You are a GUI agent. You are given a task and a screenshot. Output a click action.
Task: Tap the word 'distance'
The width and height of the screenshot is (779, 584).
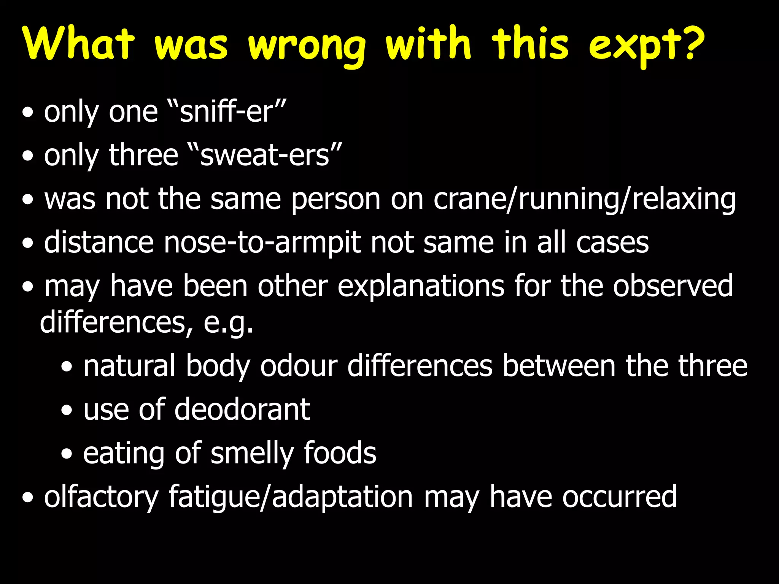[99, 243]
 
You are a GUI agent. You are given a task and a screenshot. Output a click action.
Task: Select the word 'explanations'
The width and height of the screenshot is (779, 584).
[421, 286]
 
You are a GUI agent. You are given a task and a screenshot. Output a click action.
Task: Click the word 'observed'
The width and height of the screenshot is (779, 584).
[672, 286]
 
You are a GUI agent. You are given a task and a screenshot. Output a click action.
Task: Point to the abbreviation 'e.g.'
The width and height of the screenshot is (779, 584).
[228, 322]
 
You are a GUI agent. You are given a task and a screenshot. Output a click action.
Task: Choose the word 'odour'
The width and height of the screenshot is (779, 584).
[299, 366]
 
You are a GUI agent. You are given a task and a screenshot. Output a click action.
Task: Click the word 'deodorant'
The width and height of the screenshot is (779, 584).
[242, 409]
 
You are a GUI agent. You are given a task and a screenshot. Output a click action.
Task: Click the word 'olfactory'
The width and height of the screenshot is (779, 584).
[101, 497]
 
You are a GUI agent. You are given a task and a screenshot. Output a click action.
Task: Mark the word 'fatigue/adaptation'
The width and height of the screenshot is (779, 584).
[291, 497]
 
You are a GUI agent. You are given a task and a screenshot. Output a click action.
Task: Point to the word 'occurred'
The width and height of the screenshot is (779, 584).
[620, 497]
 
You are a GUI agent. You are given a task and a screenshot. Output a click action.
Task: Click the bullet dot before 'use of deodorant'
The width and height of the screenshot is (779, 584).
[67, 411]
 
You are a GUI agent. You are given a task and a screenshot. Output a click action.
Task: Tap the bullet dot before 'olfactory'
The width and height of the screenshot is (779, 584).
[27, 498]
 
